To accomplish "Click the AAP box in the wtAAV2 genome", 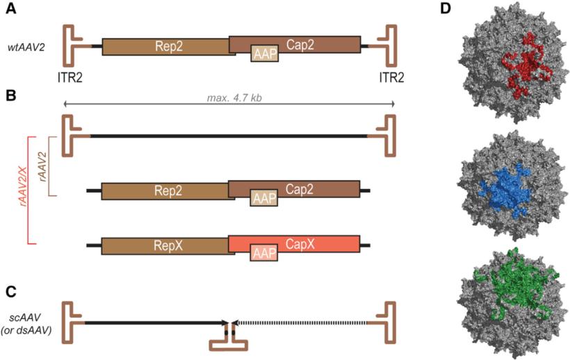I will (x=265, y=54).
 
